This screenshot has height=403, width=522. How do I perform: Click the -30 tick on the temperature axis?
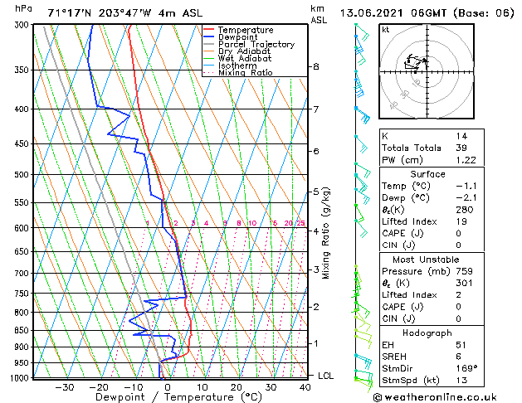[x=64, y=387]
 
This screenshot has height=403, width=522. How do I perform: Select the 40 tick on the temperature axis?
[x=305, y=387]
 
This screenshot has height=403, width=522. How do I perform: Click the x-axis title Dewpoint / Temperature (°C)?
[x=167, y=397]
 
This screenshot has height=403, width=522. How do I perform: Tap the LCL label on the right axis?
[x=326, y=376]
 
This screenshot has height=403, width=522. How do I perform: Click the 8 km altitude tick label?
[x=316, y=66]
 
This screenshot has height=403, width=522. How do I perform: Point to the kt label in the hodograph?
[x=385, y=29]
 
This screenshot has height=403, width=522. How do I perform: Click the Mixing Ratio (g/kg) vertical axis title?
[x=326, y=232]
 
